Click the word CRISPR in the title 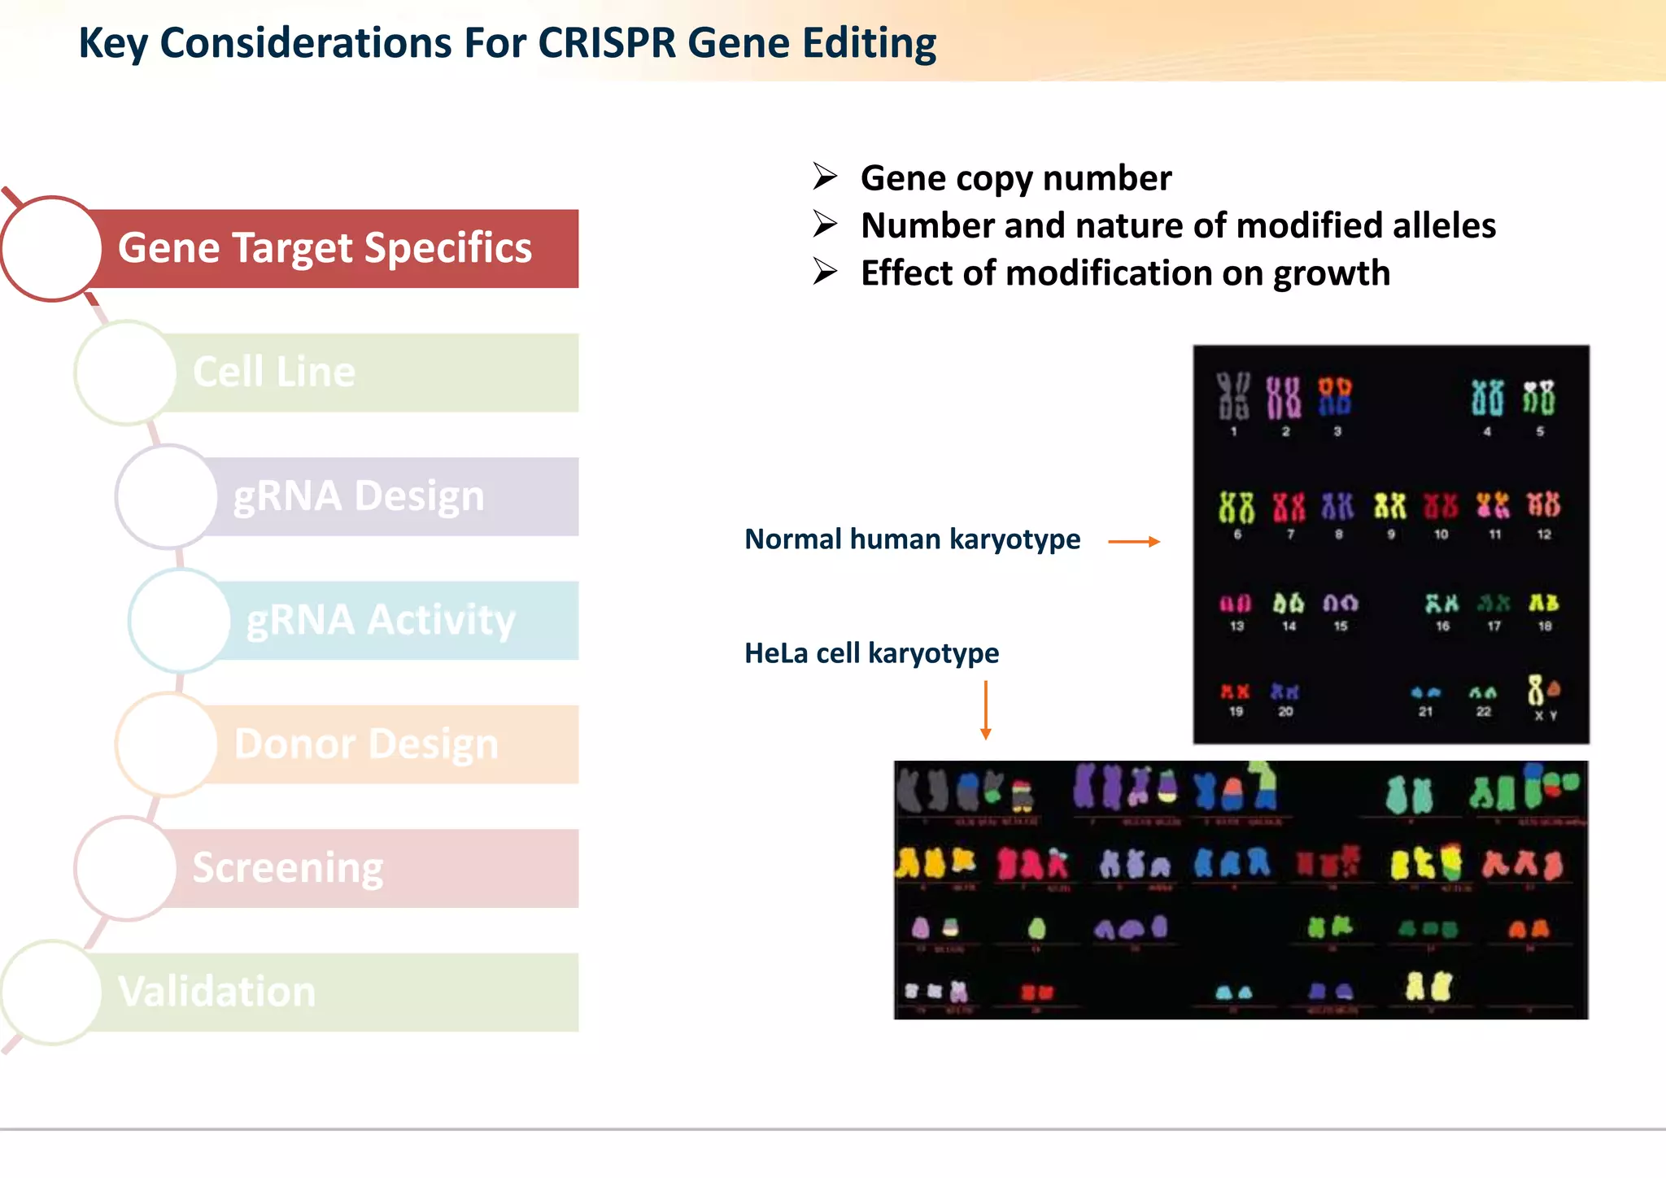(x=606, y=43)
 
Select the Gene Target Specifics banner (x=325, y=248)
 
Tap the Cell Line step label (x=274, y=372)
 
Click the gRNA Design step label (x=359, y=496)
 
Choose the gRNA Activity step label (x=381, y=620)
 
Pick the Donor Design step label (x=366, y=744)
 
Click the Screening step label (x=288, y=868)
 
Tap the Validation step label (x=217, y=992)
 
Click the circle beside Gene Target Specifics (x=51, y=248)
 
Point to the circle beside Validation (x=51, y=992)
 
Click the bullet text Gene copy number (x=1015, y=178)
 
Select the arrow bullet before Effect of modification (x=825, y=272)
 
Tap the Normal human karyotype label (x=912, y=539)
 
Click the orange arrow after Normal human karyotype (x=1134, y=541)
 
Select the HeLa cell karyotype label (x=871, y=653)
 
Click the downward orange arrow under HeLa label (x=985, y=709)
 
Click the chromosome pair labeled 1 (x=1233, y=396)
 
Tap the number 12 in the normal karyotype (x=1544, y=534)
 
